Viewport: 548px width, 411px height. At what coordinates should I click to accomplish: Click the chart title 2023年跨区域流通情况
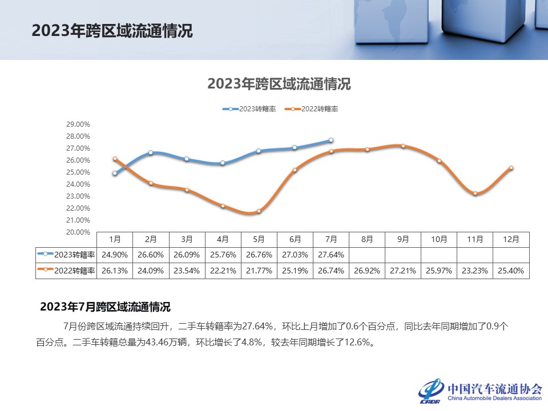(x=279, y=84)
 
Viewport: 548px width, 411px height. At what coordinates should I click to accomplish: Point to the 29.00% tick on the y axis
(x=79, y=124)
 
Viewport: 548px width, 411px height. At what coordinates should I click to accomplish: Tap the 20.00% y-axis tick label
(x=79, y=232)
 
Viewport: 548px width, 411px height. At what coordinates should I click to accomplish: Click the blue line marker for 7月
(x=331, y=140)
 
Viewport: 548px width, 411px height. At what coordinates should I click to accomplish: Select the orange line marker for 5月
(x=259, y=211)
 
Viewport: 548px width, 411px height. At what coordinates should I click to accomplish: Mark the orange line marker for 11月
(x=475, y=194)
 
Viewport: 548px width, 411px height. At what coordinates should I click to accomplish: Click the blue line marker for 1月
(x=115, y=173)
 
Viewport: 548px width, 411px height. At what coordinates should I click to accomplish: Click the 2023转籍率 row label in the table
(x=66, y=255)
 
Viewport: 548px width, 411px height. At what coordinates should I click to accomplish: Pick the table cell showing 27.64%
(x=331, y=255)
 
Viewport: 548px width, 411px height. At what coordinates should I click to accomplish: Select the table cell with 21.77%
(x=259, y=271)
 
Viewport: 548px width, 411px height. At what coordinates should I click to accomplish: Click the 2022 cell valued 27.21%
(x=403, y=271)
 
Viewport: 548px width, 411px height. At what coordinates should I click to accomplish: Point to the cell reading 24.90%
(x=115, y=255)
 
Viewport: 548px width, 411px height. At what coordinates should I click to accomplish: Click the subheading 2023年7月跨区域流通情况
(x=105, y=307)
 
